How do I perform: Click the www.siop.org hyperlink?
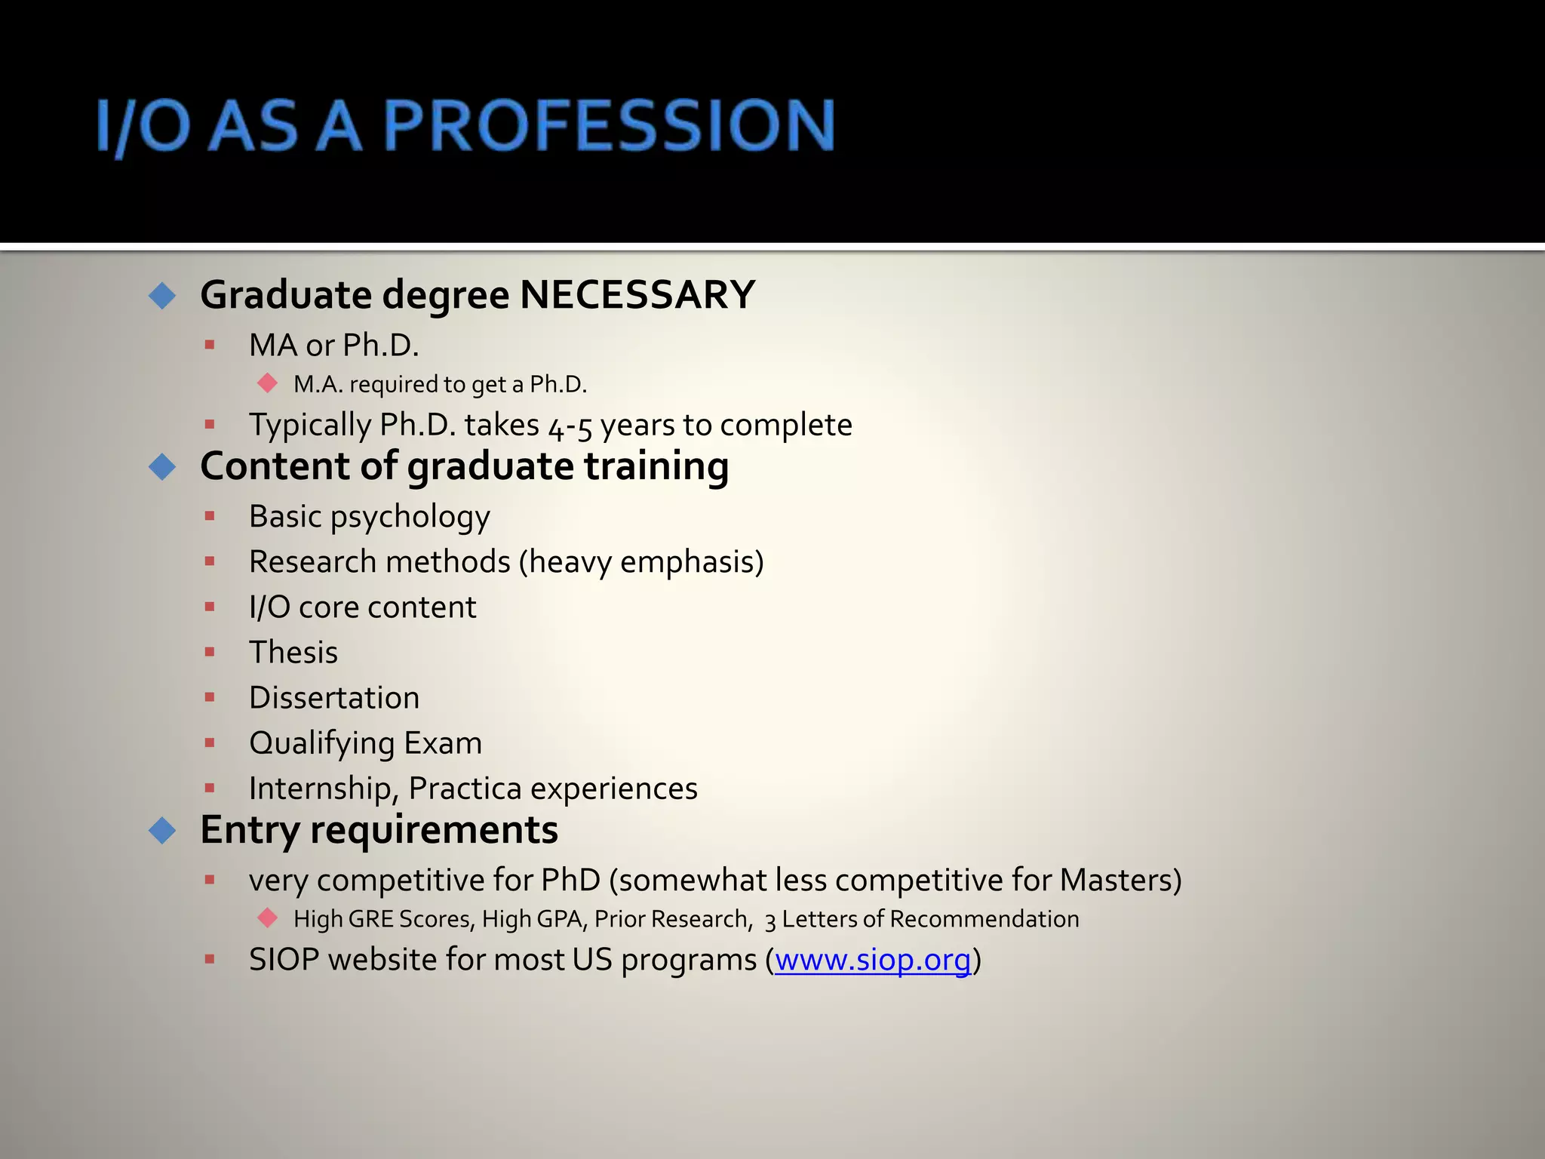(x=873, y=960)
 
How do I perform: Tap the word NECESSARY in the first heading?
(x=637, y=294)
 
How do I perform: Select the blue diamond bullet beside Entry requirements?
(x=162, y=831)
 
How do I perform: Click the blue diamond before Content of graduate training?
(x=162, y=467)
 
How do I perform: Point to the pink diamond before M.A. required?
(x=267, y=383)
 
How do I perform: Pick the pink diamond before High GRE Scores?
(x=267, y=918)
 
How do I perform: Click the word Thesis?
(x=293, y=653)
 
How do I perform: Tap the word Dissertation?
(x=334, y=698)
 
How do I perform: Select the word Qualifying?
(x=322, y=743)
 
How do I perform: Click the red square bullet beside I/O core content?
(x=210, y=607)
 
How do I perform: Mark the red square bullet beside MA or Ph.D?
(x=210, y=345)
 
